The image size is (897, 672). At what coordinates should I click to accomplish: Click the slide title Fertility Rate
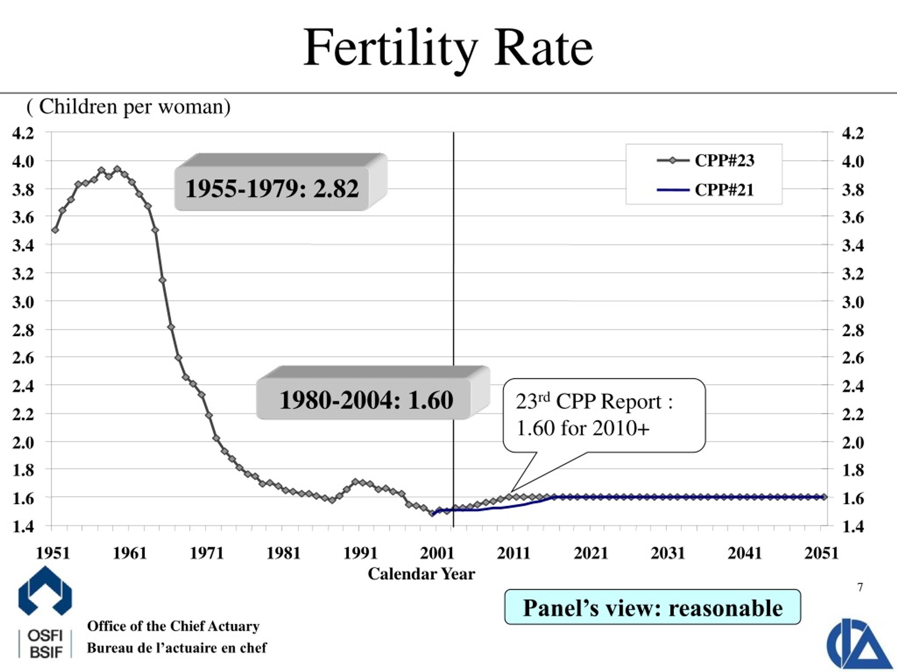coord(448,48)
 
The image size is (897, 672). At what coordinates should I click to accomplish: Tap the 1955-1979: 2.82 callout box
coord(272,188)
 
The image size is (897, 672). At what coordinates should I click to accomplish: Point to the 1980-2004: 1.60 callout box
coord(366,400)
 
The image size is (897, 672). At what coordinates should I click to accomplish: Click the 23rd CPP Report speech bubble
coord(603,415)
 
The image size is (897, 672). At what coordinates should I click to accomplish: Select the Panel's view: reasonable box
coord(652,608)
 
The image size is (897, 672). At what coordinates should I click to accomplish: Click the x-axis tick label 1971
coord(207,553)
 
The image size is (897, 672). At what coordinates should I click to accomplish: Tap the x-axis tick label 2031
coord(667,553)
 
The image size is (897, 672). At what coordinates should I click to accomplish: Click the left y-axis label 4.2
coord(23,133)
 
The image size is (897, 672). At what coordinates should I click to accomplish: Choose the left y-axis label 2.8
coord(23,330)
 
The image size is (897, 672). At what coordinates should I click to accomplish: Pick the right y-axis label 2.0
coord(853,443)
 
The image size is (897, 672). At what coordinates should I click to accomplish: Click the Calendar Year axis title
coord(421,574)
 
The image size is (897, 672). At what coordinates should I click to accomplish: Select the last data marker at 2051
coord(824,497)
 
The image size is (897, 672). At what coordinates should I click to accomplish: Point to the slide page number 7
coord(860,587)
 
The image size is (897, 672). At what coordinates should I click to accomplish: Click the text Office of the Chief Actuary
coord(173,626)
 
